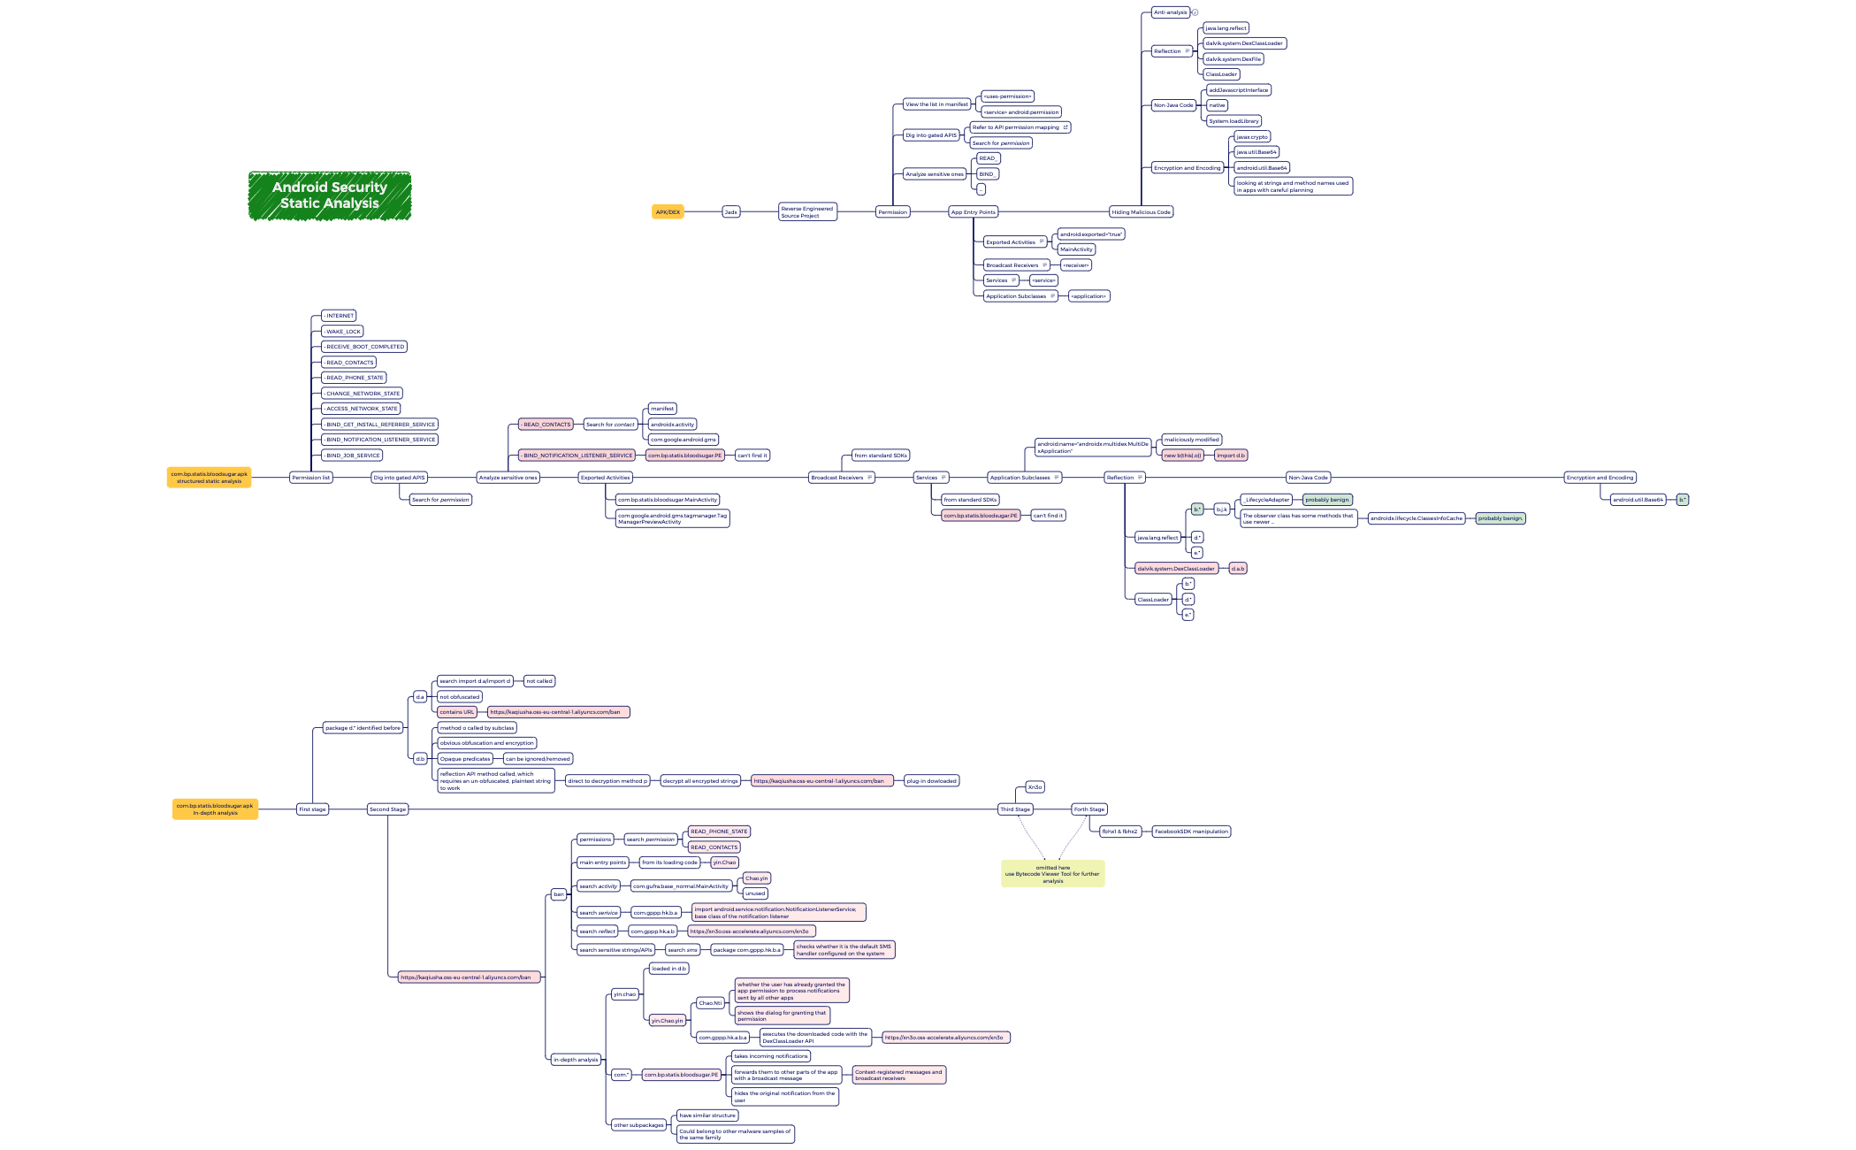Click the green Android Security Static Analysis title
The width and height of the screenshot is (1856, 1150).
click(329, 195)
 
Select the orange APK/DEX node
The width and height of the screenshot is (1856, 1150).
click(668, 212)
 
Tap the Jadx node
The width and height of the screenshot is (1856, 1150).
click(730, 212)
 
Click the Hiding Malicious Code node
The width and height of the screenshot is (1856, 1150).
click(1140, 212)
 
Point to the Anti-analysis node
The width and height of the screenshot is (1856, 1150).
click(1170, 12)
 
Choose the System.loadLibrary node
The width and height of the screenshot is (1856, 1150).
click(1234, 121)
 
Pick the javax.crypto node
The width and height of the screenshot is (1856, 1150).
click(1251, 137)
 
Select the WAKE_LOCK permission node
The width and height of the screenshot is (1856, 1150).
click(342, 332)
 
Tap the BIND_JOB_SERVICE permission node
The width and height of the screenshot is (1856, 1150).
click(352, 456)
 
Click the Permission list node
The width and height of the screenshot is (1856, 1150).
click(310, 478)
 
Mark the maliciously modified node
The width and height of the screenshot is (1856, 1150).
click(1191, 440)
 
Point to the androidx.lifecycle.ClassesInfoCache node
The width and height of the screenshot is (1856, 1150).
click(1416, 518)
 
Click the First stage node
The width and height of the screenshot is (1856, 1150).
click(312, 809)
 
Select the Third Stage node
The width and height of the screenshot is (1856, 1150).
click(1015, 809)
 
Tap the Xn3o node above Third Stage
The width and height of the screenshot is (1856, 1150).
click(1035, 787)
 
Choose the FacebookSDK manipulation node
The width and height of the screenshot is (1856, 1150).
click(1191, 832)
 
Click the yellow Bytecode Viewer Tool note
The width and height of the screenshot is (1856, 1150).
click(1052, 874)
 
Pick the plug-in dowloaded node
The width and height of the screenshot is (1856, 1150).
click(931, 781)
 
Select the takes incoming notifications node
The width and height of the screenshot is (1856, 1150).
click(770, 1056)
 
